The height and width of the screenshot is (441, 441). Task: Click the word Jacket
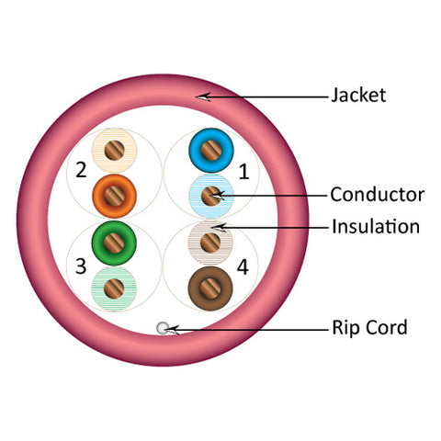pos(358,95)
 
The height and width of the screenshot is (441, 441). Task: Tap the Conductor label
pos(378,195)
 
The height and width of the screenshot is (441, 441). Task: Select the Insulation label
pos(376,227)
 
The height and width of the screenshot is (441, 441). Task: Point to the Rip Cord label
pos(369,328)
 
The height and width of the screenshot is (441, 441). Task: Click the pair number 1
pos(243,172)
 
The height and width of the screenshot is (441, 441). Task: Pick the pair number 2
pos(81,170)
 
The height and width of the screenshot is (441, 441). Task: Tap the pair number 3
pos(81,266)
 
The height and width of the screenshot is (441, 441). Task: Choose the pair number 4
pos(243,267)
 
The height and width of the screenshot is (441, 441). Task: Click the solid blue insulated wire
pos(211,151)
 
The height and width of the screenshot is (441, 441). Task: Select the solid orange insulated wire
pos(114,196)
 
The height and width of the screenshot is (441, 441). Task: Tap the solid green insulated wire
pos(114,243)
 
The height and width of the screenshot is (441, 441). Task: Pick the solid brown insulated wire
pos(210,288)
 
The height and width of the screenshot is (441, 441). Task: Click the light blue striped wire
pos(211,196)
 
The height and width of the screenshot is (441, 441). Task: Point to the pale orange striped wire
pos(115,151)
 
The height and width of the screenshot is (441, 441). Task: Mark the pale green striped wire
pos(114,288)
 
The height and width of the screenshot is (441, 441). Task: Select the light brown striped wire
pos(210,243)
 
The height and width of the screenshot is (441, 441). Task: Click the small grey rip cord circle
pos(163,328)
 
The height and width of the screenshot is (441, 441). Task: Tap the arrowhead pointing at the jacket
pos(203,97)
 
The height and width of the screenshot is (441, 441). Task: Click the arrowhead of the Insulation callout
pos(220,228)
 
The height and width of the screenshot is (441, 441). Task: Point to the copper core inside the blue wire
pos(211,151)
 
